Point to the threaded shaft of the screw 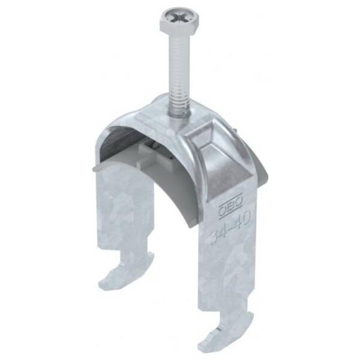[178, 73]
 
